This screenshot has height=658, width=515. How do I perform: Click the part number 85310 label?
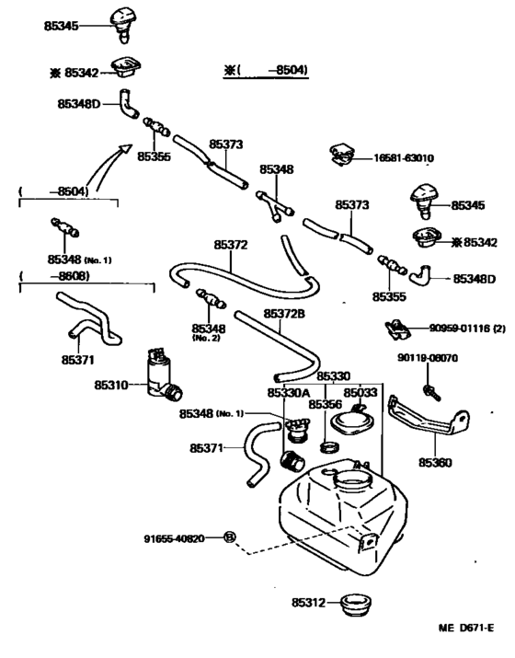(x=111, y=385)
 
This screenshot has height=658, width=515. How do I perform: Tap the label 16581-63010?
(x=404, y=158)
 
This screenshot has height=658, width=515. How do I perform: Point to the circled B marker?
(x=229, y=537)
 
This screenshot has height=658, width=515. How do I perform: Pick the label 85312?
(x=308, y=603)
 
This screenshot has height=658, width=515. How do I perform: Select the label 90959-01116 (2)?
(x=467, y=329)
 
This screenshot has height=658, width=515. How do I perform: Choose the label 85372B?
(x=284, y=314)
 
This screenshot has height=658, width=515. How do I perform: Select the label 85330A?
(x=289, y=393)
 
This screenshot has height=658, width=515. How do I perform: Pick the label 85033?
(x=360, y=393)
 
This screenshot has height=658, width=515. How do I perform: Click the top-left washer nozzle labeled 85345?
(x=121, y=24)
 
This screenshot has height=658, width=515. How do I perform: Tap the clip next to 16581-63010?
(x=343, y=155)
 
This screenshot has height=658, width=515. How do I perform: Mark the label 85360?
(x=435, y=463)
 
